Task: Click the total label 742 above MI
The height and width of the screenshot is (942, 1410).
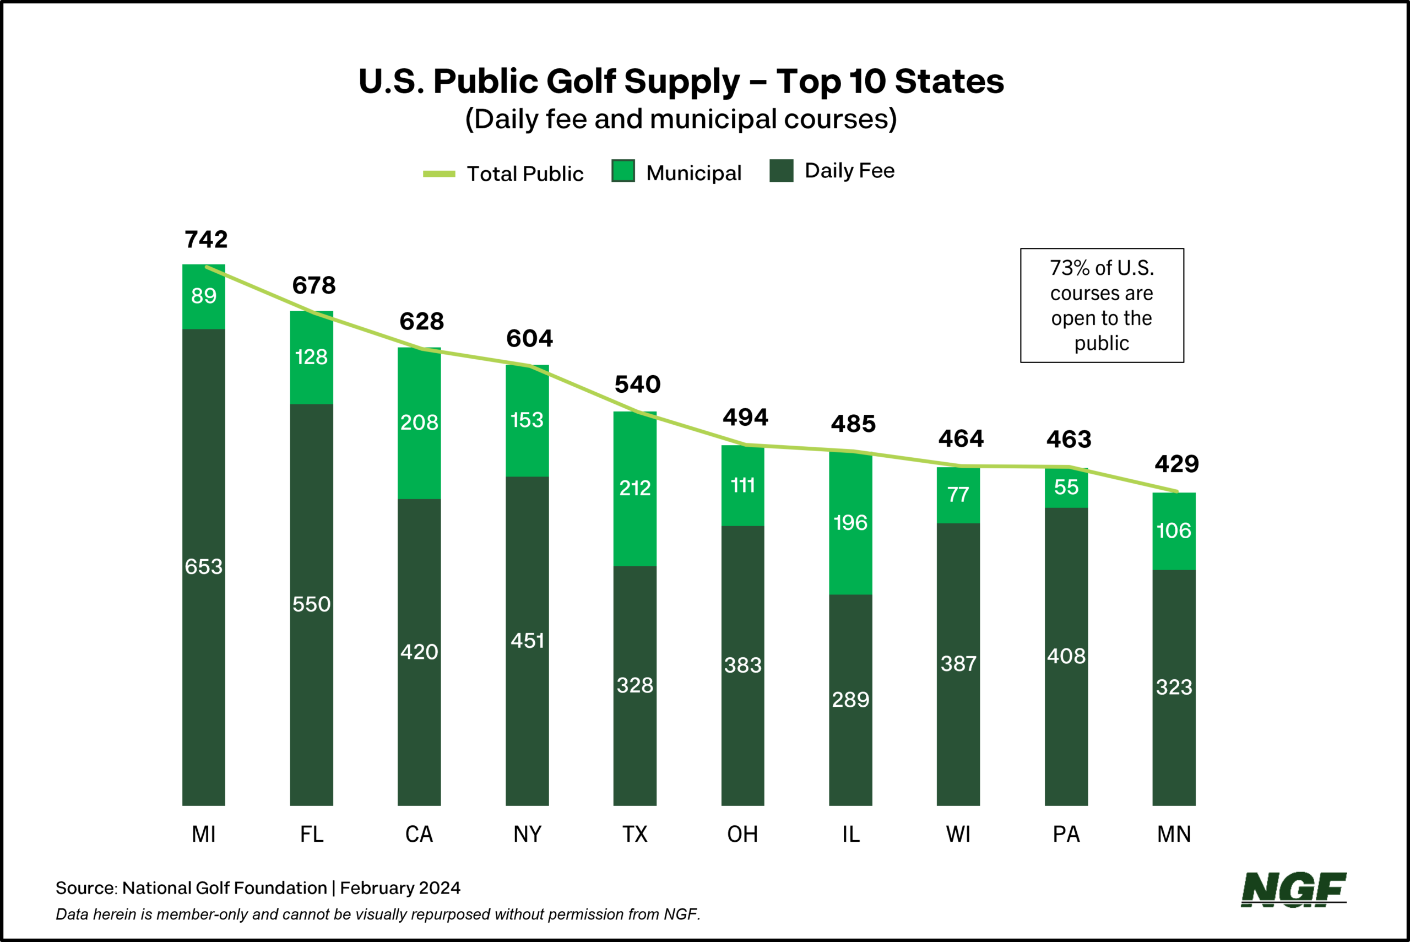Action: [206, 239]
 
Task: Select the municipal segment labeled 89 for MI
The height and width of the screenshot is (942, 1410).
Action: [204, 296]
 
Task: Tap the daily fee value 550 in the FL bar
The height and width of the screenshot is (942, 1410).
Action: [311, 604]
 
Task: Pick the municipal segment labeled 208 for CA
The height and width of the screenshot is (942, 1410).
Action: [419, 423]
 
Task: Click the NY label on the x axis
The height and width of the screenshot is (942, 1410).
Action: [527, 834]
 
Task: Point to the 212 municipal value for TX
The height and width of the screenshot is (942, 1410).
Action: [634, 488]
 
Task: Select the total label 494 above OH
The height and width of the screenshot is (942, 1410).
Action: [745, 417]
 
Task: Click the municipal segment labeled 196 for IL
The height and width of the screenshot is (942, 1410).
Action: [850, 523]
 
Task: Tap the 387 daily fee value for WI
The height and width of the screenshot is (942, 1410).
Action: [958, 664]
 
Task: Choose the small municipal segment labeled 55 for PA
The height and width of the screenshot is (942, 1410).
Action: [1066, 487]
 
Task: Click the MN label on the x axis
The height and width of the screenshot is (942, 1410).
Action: [1174, 834]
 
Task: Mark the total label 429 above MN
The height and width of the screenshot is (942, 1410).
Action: [1176, 464]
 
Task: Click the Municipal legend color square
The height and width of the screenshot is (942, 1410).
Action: [623, 171]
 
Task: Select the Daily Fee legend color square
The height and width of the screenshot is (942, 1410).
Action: [781, 171]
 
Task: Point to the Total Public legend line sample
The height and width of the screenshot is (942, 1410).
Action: [439, 174]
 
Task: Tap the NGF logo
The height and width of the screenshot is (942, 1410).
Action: [1293, 890]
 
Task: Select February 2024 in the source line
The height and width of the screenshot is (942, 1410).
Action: [400, 888]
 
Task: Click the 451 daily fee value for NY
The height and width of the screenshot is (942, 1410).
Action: [527, 641]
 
